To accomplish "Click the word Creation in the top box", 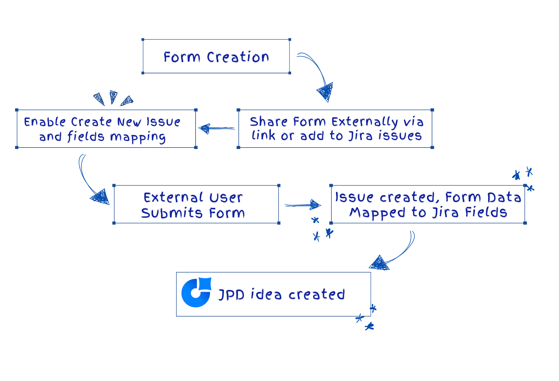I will click(x=238, y=57).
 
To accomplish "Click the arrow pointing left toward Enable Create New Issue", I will click(x=216, y=128).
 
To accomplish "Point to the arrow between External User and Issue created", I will click(x=303, y=205).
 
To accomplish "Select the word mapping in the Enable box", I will click(x=138, y=137).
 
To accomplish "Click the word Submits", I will click(x=172, y=213).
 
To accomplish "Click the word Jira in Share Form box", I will click(x=360, y=136).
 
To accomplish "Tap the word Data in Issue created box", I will click(x=504, y=197).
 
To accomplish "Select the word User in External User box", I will click(x=226, y=198).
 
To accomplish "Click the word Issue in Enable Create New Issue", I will click(x=164, y=122).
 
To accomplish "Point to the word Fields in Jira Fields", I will click(x=486, y=212).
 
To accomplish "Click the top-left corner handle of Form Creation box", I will click(x=143, y=40).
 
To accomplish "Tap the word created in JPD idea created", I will click(x=317, y=295).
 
